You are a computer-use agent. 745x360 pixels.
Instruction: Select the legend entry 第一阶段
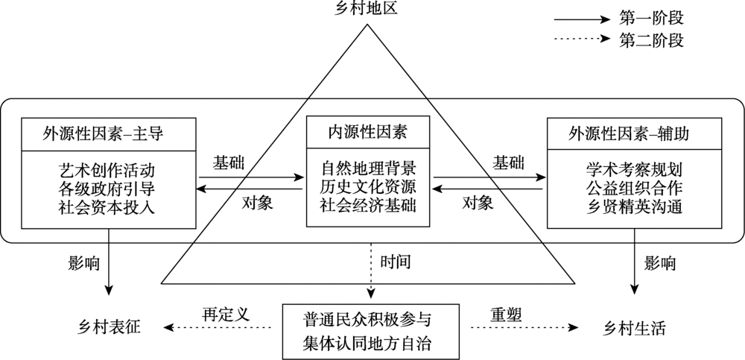click(x=651, y=16)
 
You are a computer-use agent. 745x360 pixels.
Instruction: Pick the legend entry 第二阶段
click(x=651, y=40)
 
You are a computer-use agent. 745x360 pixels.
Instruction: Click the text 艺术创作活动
click(x=110, y=169)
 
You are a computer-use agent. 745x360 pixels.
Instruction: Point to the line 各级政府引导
click(x=110, y=188)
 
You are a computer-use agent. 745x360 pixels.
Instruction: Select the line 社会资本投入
click(x=110, y=207)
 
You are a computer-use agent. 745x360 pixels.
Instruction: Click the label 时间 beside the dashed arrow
click(x=396, y=262)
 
